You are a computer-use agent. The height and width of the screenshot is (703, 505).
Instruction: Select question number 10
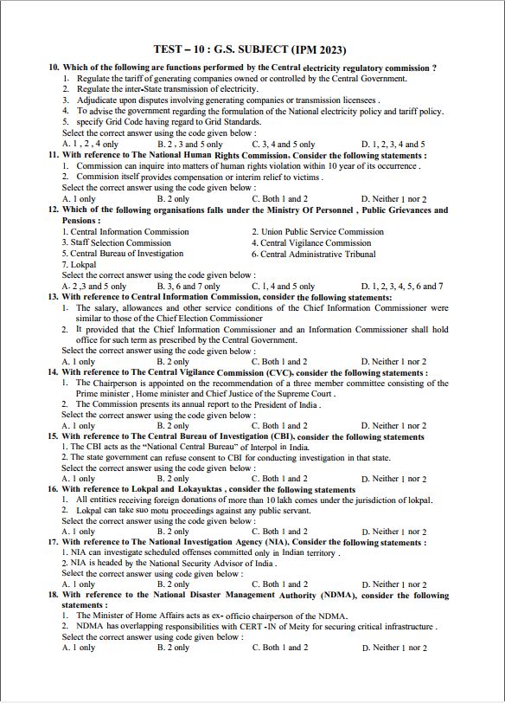click(54, 68)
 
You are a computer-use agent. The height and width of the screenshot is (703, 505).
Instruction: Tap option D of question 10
click(393, 144)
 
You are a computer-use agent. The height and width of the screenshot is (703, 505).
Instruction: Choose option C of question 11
click(279, 198)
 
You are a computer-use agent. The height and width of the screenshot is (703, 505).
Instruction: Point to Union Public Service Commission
click(317, 232)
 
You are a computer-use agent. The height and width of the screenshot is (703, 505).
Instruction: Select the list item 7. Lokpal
click(80, 264)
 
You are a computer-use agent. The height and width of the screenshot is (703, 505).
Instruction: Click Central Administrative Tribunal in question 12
click(316, 254)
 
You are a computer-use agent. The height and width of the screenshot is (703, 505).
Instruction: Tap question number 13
click(54, 296)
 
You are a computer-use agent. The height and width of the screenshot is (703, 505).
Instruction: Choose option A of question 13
click(79, 361)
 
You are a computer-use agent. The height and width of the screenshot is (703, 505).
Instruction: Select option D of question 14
click(393, 426)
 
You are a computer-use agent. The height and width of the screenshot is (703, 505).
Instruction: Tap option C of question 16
click(279, 532)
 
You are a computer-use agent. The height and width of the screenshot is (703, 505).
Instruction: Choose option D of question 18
click(393, 648)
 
